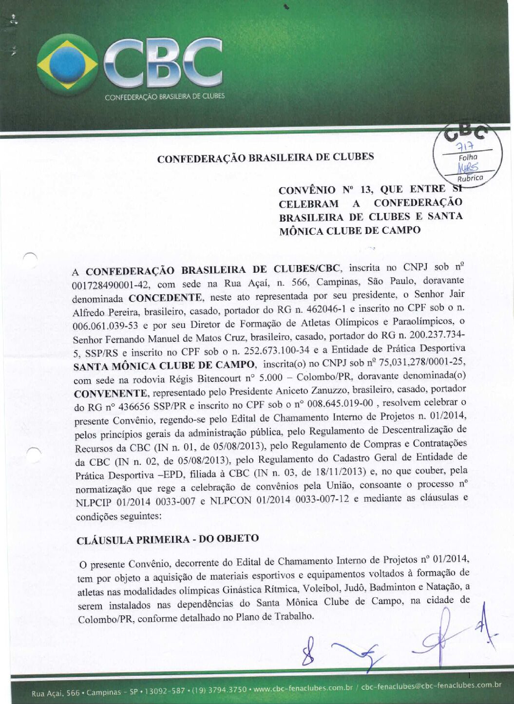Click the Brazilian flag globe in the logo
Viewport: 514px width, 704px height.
click(x=67, y=65)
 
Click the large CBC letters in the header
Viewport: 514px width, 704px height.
click(x=163, y=63)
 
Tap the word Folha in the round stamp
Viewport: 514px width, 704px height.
click(x=468, y=157)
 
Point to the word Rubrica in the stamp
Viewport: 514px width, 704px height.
click(x=470, y=178)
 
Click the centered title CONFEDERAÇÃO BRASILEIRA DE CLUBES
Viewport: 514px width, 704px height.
click(x=266, y=157)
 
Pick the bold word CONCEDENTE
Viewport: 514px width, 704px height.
click(x=165, y=297)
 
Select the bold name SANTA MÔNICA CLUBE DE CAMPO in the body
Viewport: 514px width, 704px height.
click(x=164, y=365)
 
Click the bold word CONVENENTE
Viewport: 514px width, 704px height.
click(x=110, y=393)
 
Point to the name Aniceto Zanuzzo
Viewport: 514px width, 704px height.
click(x=317, y=390)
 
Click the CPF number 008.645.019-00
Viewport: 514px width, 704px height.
click(x=340, y=403)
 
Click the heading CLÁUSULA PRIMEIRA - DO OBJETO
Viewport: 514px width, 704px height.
click(x=168, y=539)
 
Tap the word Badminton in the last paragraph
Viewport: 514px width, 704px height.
click(x=392, y=588)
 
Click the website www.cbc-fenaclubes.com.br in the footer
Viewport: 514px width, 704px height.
click(x=303, y=688)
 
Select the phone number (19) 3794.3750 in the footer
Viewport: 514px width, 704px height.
click(x=219, y=690)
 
